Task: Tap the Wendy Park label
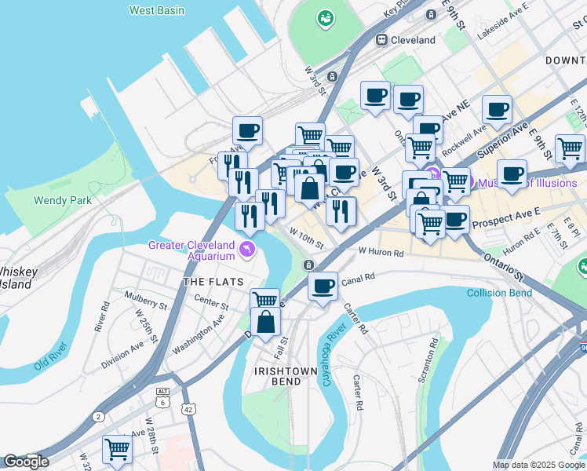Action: point(63,200)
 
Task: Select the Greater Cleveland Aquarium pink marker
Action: point(248,250)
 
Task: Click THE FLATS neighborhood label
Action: point(211,281)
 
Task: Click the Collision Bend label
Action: point(499,294)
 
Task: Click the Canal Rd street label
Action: point(359,276)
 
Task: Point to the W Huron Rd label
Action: point(381,253)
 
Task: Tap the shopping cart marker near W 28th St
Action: point(117,449)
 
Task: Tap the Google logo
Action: point(26,462)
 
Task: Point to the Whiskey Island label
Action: point(17,278)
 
